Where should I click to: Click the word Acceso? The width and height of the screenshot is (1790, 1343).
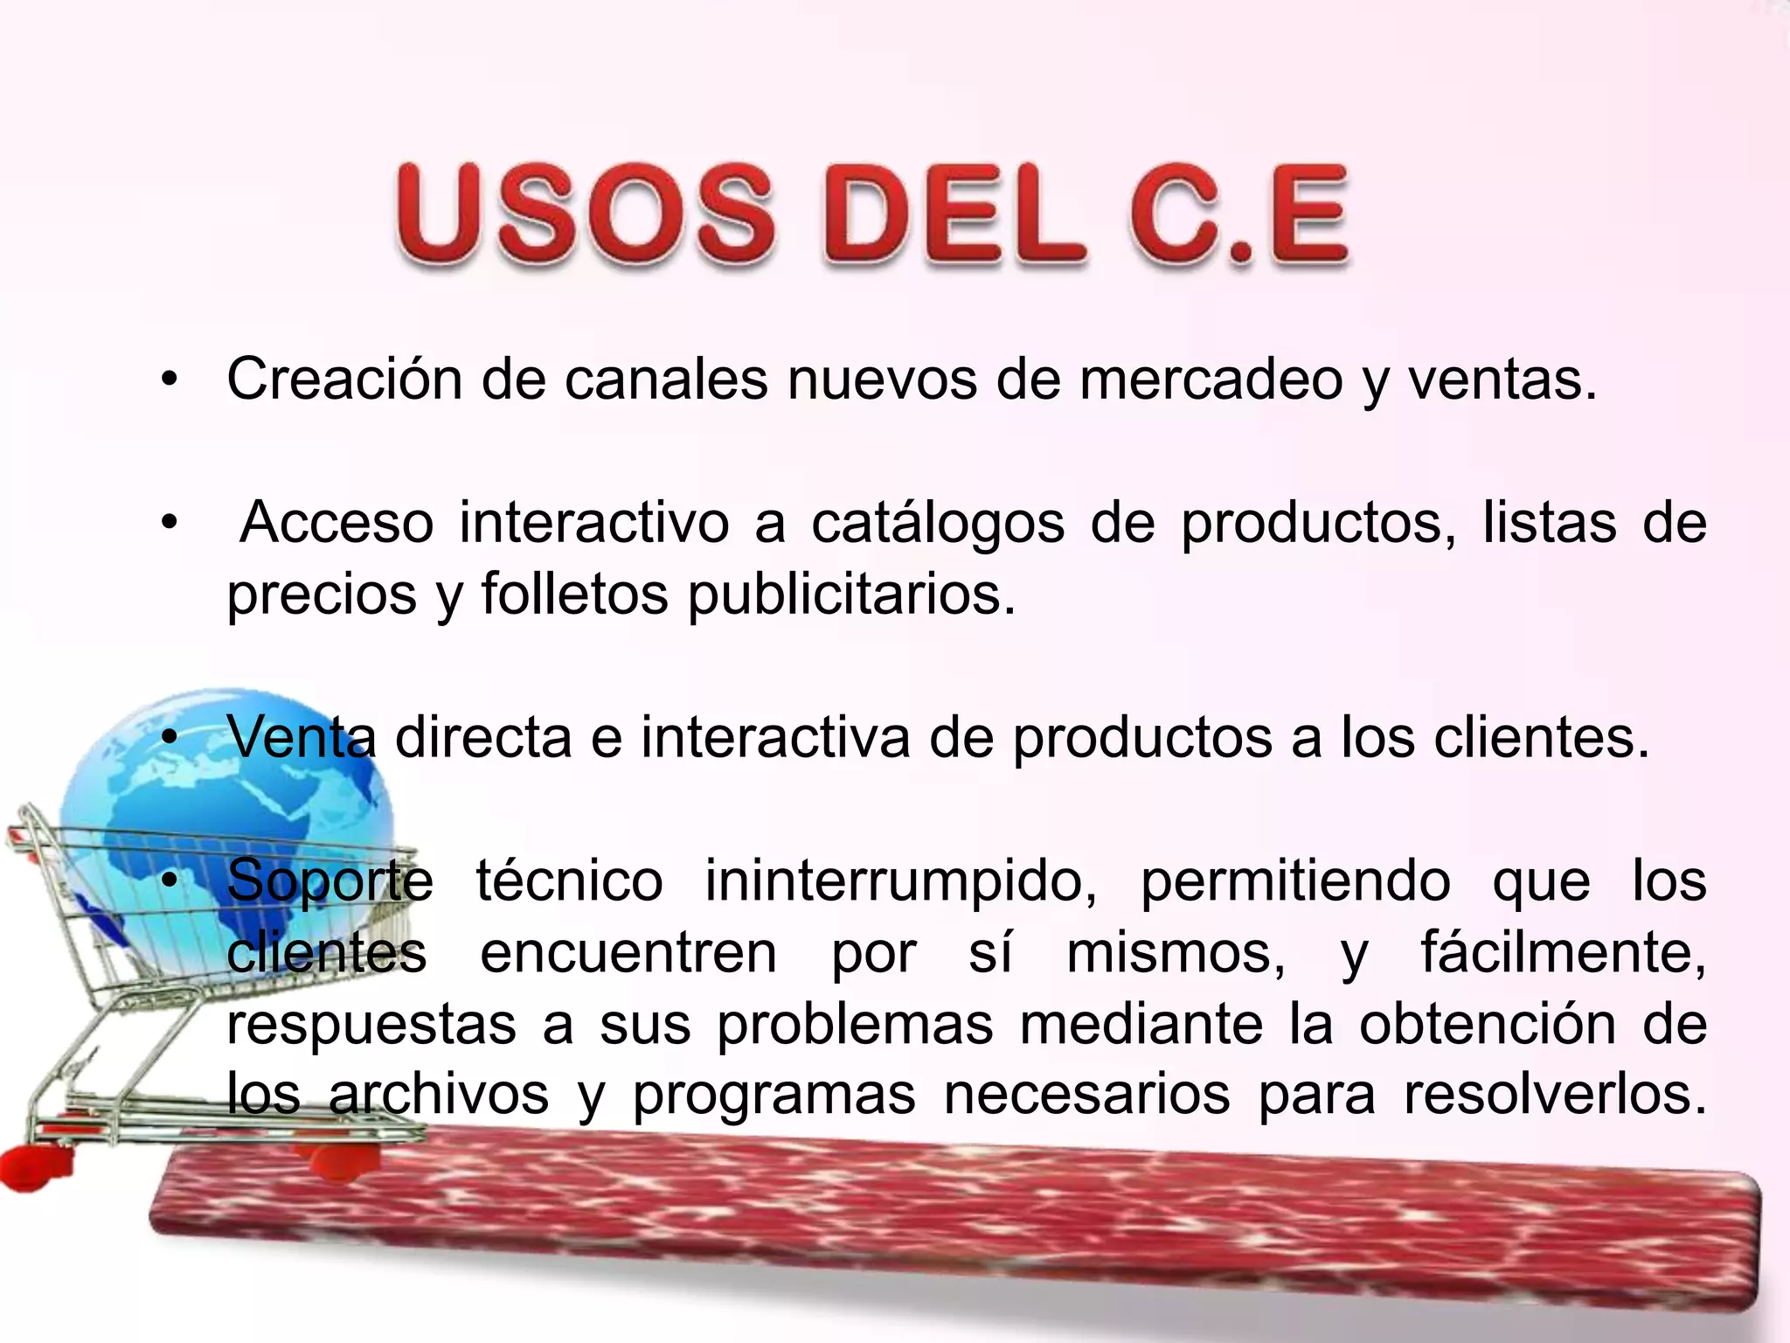click(336, 523)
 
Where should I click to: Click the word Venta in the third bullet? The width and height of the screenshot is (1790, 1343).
click(302, 738)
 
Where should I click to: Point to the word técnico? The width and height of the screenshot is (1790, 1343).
click(569, 880)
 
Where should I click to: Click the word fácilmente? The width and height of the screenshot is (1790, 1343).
click(1563, 953)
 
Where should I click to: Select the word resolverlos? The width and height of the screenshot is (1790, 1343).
click(1555, 1095)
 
